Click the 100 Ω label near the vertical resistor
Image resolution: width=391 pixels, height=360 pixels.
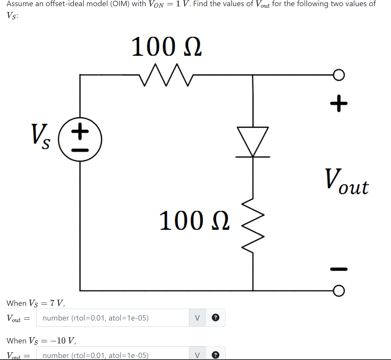coord(195,220)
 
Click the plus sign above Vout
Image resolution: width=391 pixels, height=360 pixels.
coord(339,103)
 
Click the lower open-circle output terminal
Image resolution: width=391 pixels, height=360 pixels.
coord(338,290)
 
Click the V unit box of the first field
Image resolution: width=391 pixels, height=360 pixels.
coord(197,318)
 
